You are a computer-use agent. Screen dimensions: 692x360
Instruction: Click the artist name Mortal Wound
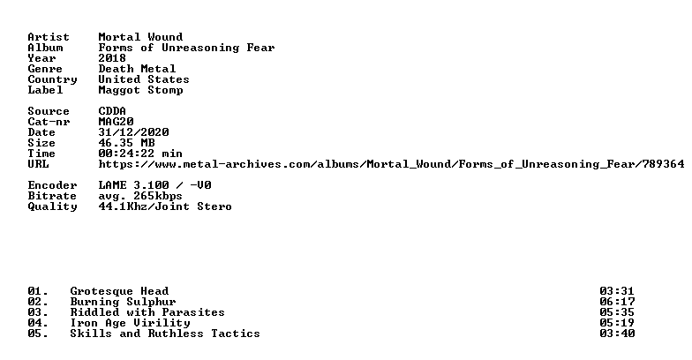tap(140, 37)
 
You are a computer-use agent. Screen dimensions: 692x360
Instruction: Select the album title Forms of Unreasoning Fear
tap(186, 48)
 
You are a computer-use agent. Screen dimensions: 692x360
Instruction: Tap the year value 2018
tap(112, 58)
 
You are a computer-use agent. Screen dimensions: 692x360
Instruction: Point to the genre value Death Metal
tap(137, 69)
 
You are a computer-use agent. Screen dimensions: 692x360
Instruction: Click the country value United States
tap(144, 79)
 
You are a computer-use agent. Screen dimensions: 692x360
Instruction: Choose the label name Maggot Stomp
tap(140, 90)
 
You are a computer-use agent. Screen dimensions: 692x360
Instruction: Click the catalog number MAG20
tap(116, 122)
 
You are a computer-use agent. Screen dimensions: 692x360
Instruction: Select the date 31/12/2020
tap(133, 132)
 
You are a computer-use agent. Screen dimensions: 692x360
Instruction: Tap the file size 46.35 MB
tap(126, 143)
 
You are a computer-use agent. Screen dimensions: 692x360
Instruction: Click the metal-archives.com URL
tap(391, 164)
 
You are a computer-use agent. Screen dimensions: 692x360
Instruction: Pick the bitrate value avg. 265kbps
tap(140, 196)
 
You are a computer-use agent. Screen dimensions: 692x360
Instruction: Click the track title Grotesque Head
tap(119, 291)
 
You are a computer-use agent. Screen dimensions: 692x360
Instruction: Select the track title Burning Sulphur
tap(123, 302)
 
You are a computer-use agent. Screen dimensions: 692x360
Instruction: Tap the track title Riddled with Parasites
tap(147, 312)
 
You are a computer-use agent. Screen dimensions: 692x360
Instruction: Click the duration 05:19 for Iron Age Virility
tap(617, 323)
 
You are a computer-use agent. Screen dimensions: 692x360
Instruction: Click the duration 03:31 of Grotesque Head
tap(617, 291)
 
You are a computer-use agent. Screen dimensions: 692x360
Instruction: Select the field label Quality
tap(52, 206)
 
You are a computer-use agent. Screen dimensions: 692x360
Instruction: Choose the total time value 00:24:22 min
tap(140, 154)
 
